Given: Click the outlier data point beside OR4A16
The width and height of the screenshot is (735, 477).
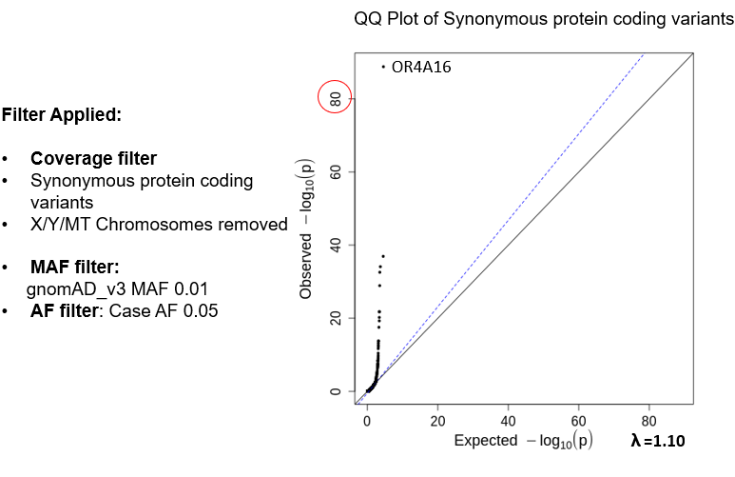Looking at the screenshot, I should pyautogui.click(x=383, y=67).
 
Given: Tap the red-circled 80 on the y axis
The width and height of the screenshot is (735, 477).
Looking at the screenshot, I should pyautogui.click(x=336, y=98).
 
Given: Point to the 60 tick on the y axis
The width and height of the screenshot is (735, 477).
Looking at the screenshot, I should pyautogui.click(x=336, y=171).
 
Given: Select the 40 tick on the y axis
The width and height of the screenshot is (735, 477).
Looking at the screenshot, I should pyautogui.click(x=336, y=245).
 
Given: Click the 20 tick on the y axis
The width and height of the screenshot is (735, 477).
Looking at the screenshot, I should pyautogui.click(x=336, y=318).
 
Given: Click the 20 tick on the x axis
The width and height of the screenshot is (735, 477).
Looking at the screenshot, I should pyautogui.click(x=437, y=419).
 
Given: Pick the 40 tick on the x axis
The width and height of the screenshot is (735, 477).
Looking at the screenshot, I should pyautogui.click(x=508, y=419).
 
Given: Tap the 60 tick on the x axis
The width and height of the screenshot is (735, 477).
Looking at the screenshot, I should pyautogui.click(x=578, y=419).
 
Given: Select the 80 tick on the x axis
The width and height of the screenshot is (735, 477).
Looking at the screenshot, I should pyautogui.click(x=648, y=419).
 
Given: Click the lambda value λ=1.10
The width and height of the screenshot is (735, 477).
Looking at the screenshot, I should pyautogui.click(x=657, y=442).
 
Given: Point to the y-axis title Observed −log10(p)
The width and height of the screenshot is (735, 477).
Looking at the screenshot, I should pyautogui.click(x=306, y=229).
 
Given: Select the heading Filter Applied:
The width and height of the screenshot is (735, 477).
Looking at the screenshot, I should pyautogui.click(x=62, y=114).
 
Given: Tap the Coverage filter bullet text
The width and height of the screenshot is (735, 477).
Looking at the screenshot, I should pyautogui.click(x=93, y=159).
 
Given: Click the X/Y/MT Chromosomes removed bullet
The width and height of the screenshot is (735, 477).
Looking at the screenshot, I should pyautogui.click(x=158, y=225).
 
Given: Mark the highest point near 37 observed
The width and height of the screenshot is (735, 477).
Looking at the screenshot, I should pyautogui.click(x=383, y=255).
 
